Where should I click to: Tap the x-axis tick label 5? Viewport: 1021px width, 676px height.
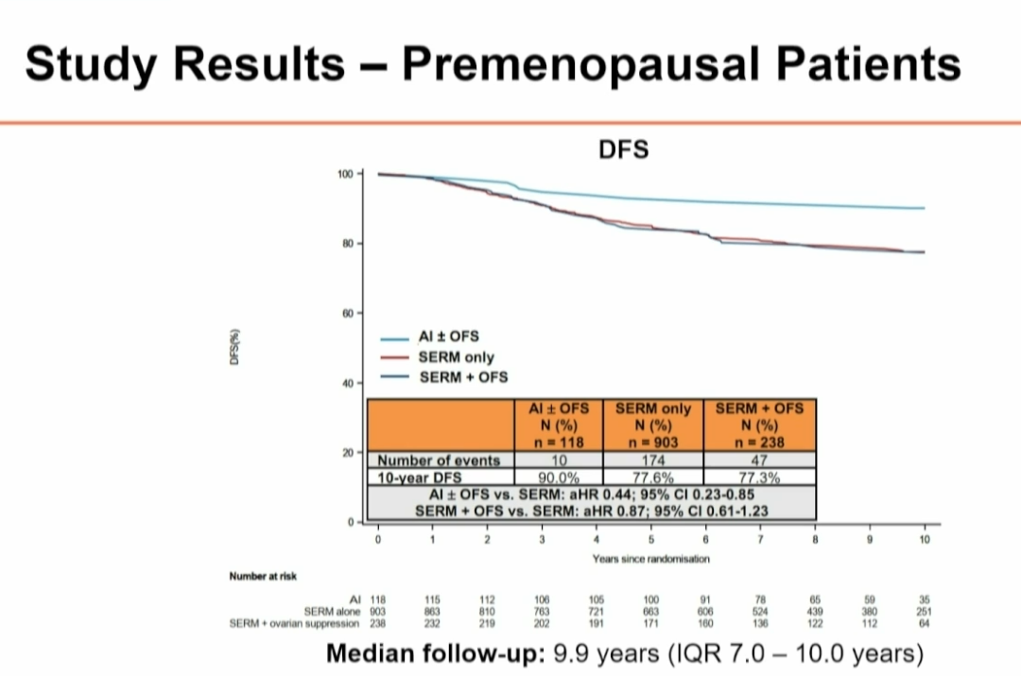(651, 540)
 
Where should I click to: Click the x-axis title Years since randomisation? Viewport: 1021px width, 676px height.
(650, 559)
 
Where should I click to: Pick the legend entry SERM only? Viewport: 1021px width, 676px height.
(457, 358)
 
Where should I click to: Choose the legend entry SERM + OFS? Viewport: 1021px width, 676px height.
(463, 377)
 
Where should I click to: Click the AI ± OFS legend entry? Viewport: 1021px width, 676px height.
(449, 337)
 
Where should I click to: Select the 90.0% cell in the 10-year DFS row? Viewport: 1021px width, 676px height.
(559, 478)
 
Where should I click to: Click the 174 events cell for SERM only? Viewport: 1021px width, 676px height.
(653, 460)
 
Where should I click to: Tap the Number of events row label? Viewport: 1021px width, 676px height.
(439, 460)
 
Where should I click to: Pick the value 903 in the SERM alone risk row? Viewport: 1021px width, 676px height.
(377, 612)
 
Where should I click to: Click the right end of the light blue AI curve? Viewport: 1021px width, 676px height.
(924, 208)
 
